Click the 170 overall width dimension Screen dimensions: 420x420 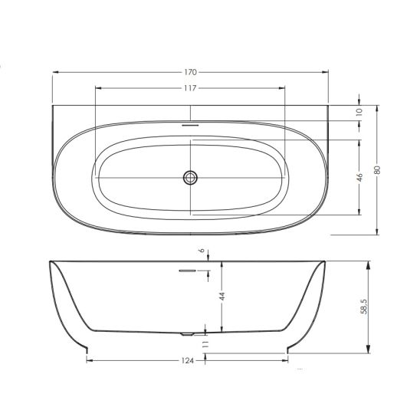(x=189, y=73)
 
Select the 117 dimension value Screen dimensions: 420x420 (x=189, y=88)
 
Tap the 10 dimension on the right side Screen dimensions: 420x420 (x=359, y=112)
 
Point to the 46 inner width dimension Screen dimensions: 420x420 (x=359, y=177)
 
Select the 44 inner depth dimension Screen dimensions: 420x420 (x=221, y=297)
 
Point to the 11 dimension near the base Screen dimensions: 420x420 (x=204, y=346)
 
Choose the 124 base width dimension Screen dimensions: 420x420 (x=189, y=360)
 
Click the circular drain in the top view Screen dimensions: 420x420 (x=190, y=178)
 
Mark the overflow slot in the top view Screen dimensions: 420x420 (x=189, y=122)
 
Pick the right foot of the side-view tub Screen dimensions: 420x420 (x=289, y=351)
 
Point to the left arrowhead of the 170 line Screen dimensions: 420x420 (x=53, y=73)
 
